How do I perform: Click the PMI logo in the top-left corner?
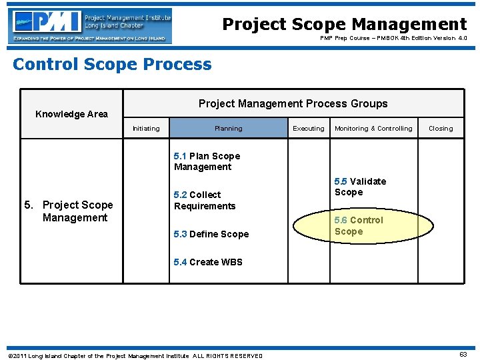click(91, 26)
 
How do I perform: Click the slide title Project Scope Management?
click(344, 25)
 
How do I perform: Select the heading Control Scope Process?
click(112, 65)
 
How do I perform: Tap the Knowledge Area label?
click(71, 114)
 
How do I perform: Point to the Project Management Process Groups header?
click(293, 103)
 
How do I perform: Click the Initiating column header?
click(146, 129)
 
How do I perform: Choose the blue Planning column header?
click(228, 129)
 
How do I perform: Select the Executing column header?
click(309, 129)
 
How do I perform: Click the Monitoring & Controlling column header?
click(373, 129)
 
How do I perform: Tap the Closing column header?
click(440, 129)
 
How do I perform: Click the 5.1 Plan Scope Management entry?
click(207, 161)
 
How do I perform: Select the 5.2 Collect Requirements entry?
click(204, 200)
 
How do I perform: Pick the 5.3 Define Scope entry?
click(211, 234)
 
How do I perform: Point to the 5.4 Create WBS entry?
click(208, 262)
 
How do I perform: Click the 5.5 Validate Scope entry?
click(360, 187)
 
